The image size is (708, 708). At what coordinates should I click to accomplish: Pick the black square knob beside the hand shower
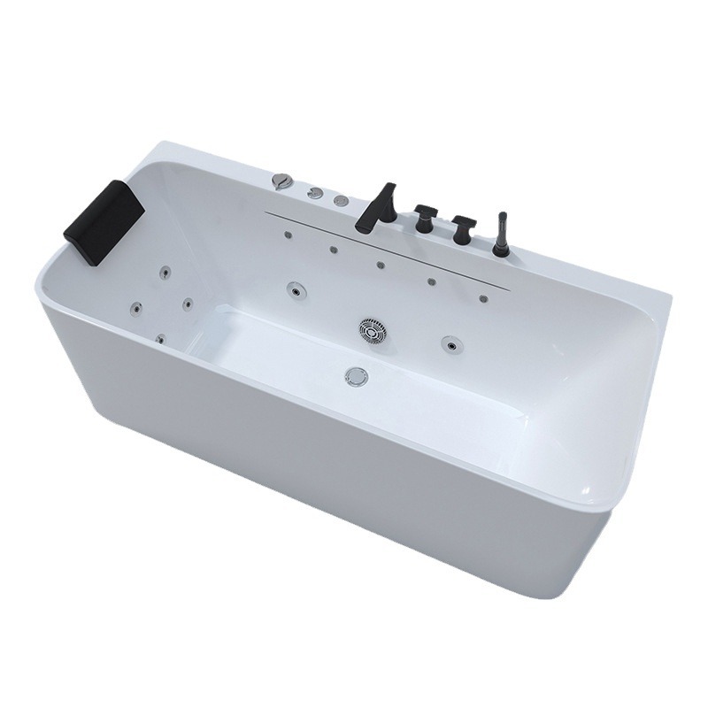[x=460, y=230]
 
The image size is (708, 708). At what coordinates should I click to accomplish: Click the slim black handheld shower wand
[x=502, y=235]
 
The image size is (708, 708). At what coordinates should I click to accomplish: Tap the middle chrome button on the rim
[x=314, y=192]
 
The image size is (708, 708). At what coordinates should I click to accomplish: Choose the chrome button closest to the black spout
[x=341, y=201]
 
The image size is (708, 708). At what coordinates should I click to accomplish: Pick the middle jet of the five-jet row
[x=380, y=265]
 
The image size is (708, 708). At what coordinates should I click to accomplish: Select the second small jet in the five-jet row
[x=334, y=249]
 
